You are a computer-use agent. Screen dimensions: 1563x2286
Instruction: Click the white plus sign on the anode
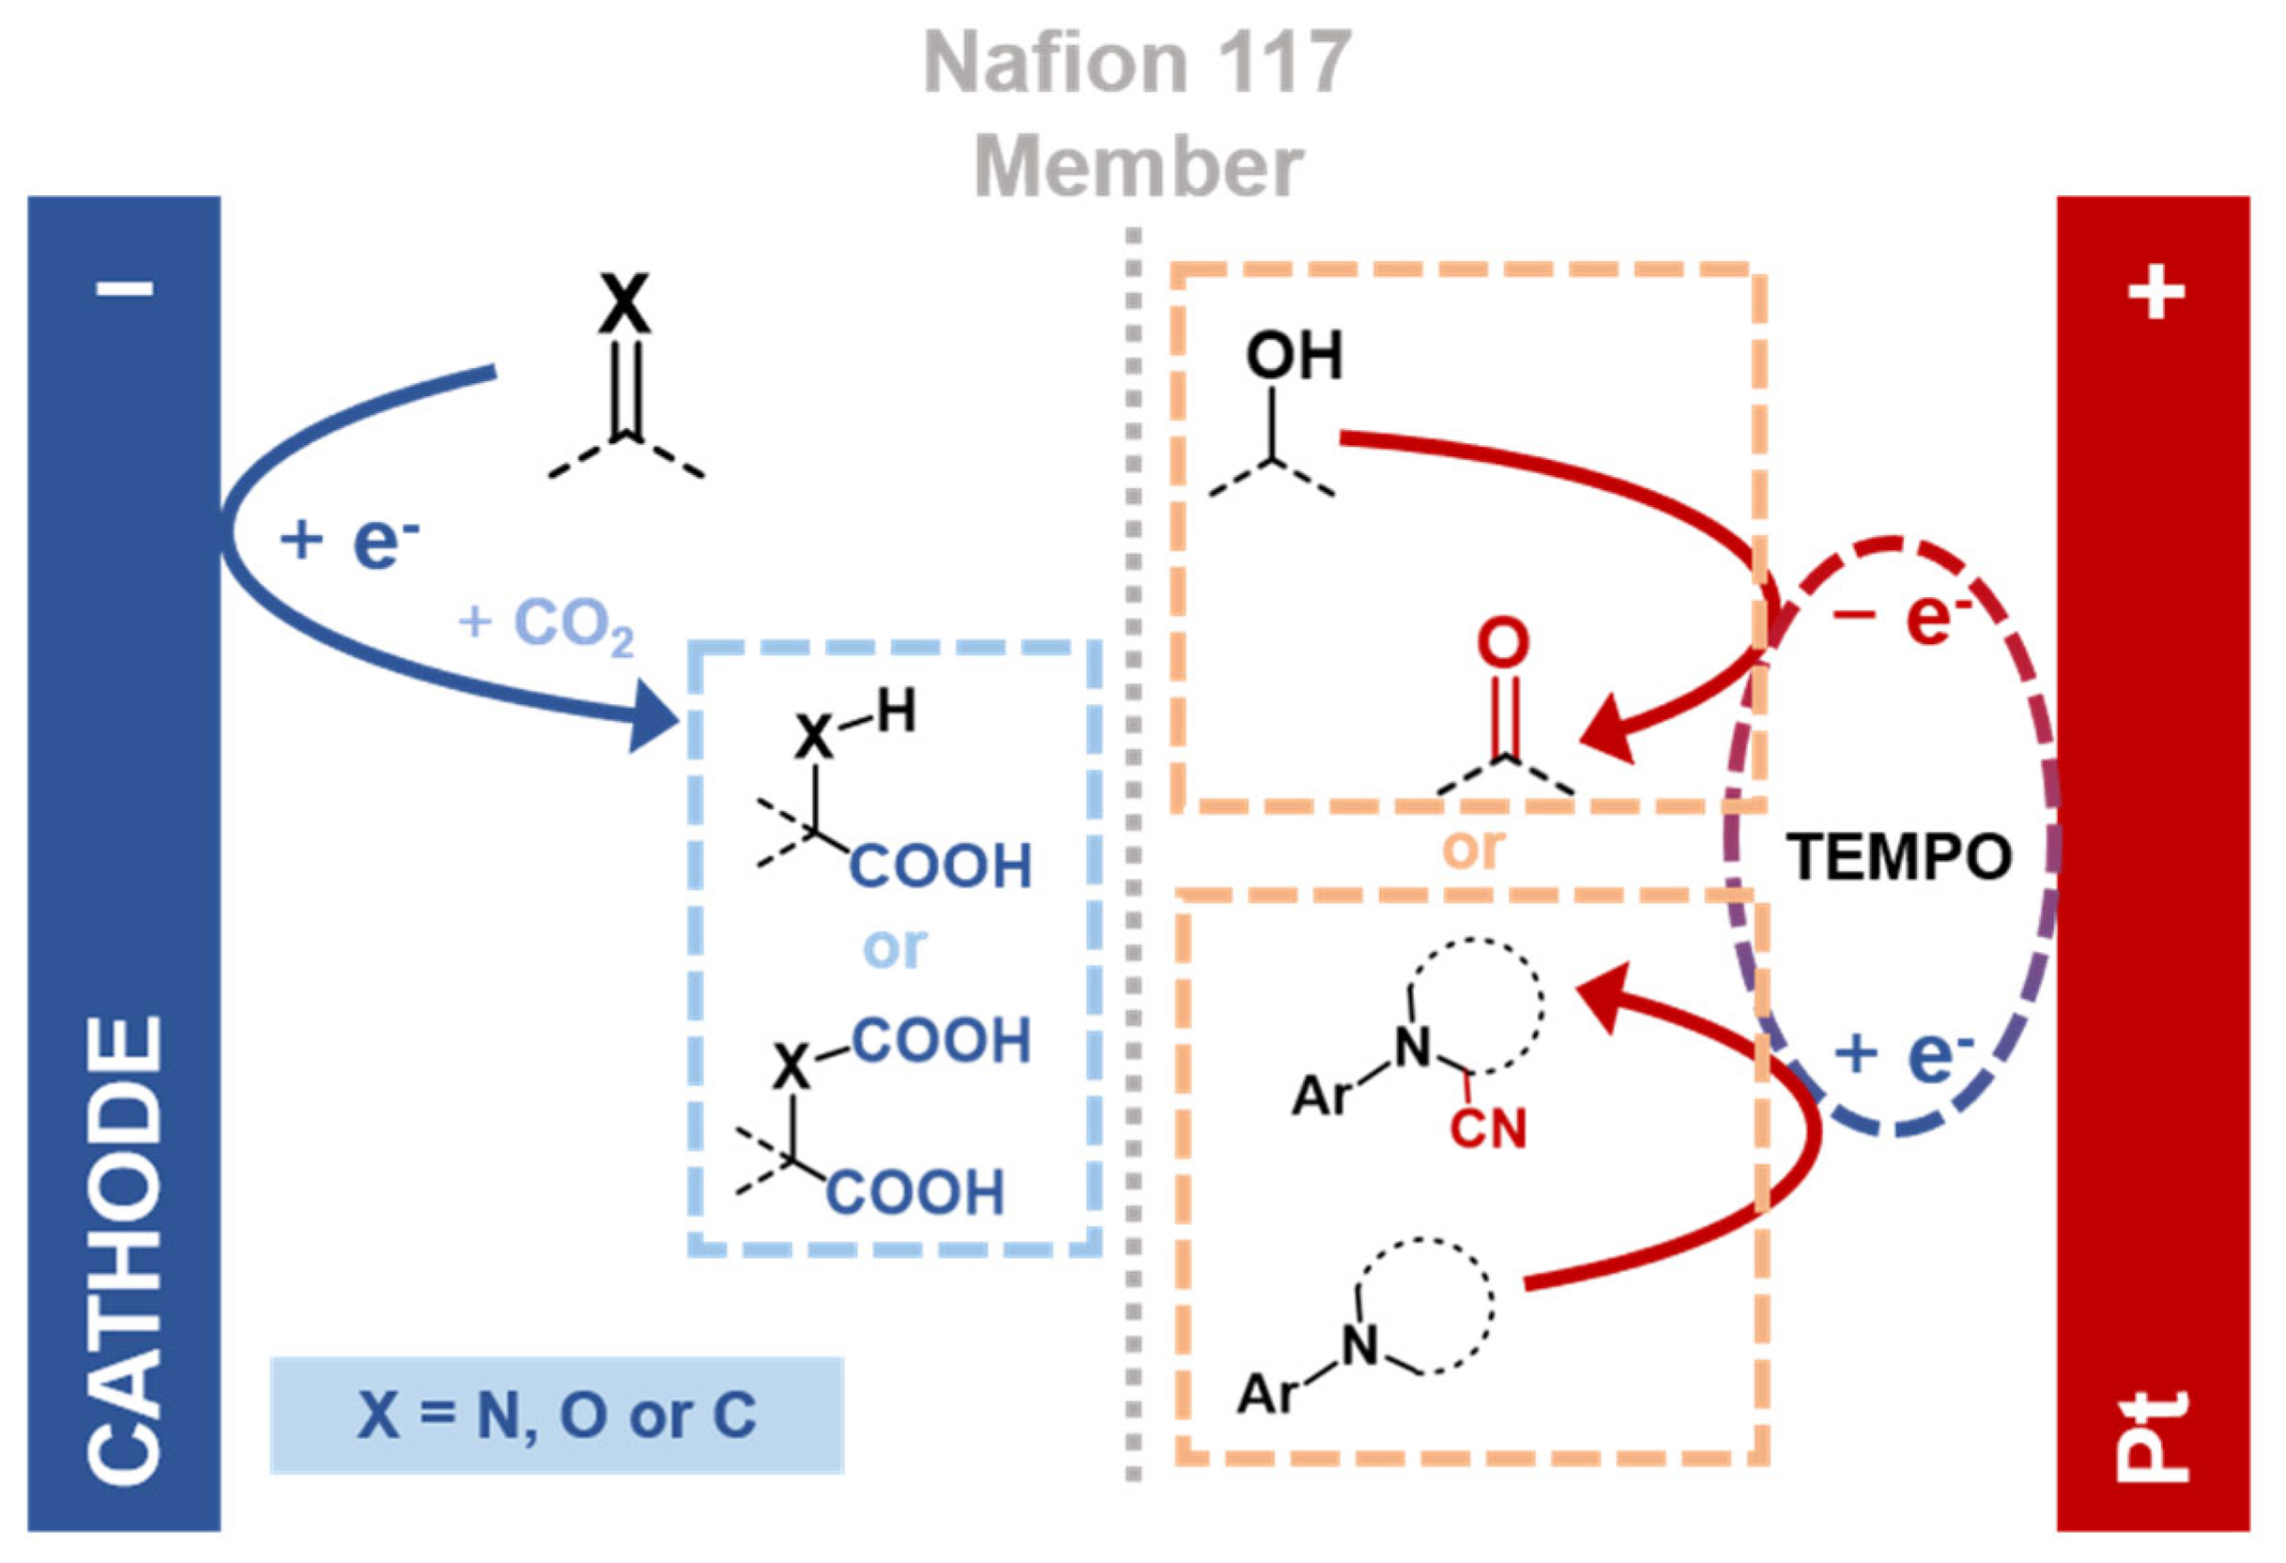coord(2156,291)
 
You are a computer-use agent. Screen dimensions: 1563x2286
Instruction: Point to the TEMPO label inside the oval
coord(1899,857)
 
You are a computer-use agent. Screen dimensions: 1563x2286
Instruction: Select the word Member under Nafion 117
coord(1138,167)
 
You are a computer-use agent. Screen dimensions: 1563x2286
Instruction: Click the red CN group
coord(1488,1128)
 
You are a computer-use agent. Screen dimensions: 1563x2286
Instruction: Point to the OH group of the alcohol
coord(1294,356)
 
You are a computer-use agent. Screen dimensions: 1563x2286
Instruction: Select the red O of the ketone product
coord(1503,644)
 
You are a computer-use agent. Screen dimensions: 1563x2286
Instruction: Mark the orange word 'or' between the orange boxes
coord(1473,848)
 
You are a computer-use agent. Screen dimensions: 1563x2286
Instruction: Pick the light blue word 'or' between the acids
coord(894,947)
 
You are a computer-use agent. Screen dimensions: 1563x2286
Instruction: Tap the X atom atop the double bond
coord(624,304)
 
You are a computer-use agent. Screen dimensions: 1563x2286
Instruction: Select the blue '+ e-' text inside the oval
coord(1903,1055)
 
